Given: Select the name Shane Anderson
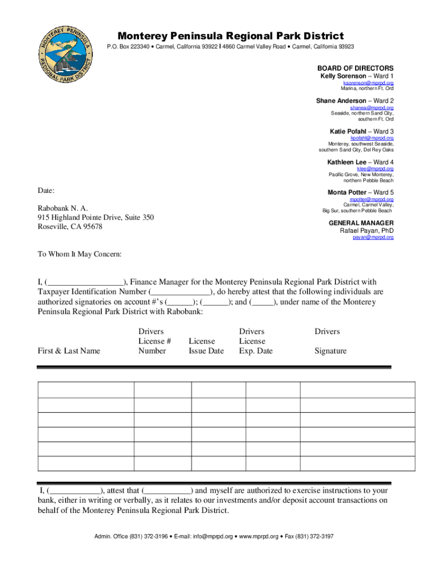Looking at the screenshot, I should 341,101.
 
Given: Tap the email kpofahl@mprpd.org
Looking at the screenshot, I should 372,138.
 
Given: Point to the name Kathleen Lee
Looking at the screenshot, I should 347,162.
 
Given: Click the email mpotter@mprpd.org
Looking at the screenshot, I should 371,199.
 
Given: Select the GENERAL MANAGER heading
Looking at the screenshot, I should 361,223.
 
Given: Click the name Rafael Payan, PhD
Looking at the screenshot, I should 366,231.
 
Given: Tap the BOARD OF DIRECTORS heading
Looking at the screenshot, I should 355,68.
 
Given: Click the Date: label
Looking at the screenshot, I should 46,191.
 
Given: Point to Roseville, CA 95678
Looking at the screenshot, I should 70,226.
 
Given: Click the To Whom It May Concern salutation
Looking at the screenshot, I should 79,254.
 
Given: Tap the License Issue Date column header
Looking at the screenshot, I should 206,346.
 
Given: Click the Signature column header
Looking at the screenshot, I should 330,351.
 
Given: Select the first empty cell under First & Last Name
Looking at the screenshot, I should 86,390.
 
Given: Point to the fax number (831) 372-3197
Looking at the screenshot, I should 313,537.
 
